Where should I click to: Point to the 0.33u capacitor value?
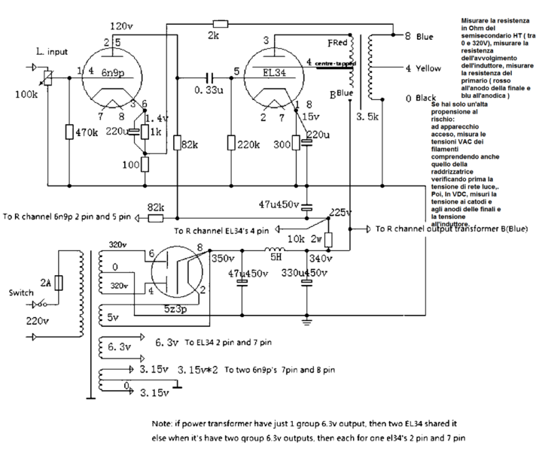(209, 89)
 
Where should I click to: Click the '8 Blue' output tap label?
(419, 35)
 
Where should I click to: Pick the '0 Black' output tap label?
(421, 98)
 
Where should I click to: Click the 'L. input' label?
(53, 52)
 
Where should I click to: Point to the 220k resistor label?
(248, 144)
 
